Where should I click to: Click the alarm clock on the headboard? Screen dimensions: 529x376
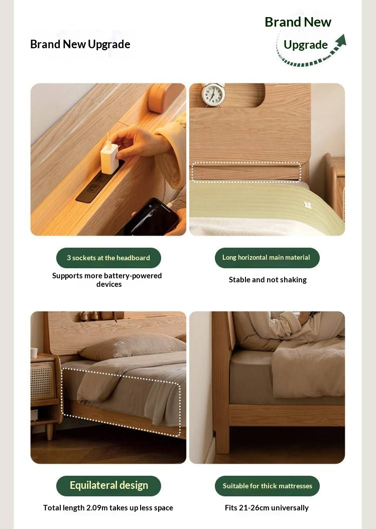[213, 95]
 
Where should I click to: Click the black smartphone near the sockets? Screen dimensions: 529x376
[153, 217]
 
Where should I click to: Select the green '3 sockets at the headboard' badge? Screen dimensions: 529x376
[108, 258]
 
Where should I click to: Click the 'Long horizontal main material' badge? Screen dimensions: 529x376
[267, 258]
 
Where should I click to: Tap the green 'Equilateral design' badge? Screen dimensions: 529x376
[108, 486]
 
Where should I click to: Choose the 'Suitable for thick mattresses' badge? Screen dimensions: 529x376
[267, 486]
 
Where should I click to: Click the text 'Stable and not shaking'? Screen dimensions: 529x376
[268, 280]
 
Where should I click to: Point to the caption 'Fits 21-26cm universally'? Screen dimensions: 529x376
[267, 508]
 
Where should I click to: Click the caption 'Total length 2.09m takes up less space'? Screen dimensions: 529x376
[108, 508]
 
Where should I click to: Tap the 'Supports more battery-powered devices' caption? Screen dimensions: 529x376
[107, 280]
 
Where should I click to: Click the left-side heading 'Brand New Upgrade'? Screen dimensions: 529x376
[80, 44]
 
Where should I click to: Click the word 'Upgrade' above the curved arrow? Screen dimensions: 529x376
[305, 45]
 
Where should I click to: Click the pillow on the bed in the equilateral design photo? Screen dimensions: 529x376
[133, 346]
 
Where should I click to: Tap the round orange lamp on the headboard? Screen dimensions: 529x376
[158, 98]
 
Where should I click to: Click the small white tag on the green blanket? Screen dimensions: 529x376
[307, 205]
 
